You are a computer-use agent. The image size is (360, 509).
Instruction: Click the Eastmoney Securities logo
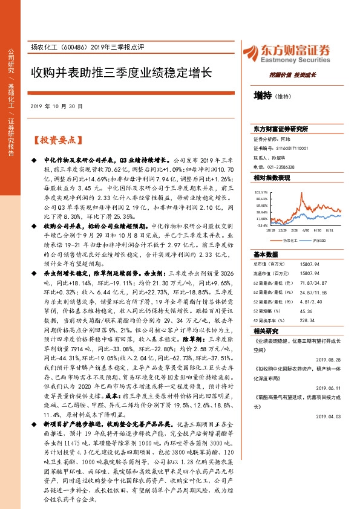[x=293, y=53]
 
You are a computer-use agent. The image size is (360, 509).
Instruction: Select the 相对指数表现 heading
[x=272, y=178]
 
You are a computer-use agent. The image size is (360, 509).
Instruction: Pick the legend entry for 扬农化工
[x=289, y=239]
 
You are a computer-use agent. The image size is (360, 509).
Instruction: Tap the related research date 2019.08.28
[x=330, y=359]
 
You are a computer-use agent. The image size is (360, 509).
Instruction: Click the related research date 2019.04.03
[x=330, y=416]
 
